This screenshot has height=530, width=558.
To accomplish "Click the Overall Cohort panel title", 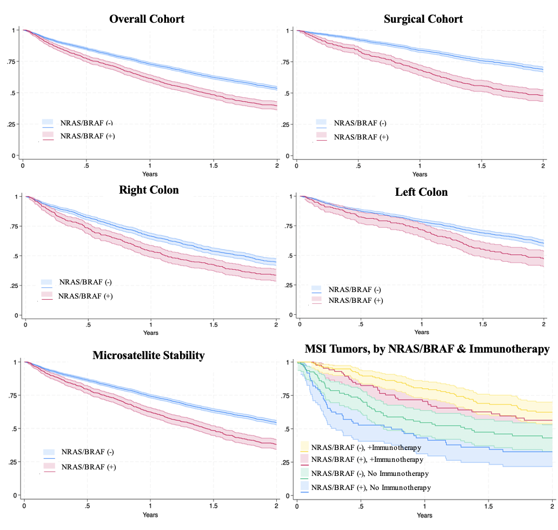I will coord(147,19).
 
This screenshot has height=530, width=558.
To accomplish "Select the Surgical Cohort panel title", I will coord(423,19).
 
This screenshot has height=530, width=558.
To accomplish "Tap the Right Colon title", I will coord(149,190).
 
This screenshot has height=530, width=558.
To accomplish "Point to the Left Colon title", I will coord(421,192).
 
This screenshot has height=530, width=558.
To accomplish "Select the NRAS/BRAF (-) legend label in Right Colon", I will coord(85,282).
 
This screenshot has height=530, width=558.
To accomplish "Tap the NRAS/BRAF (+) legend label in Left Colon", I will coord(355,300).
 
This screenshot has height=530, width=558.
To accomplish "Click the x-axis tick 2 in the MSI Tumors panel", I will coord(552,507).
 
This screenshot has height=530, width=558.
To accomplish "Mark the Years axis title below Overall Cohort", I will coord(150,174).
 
